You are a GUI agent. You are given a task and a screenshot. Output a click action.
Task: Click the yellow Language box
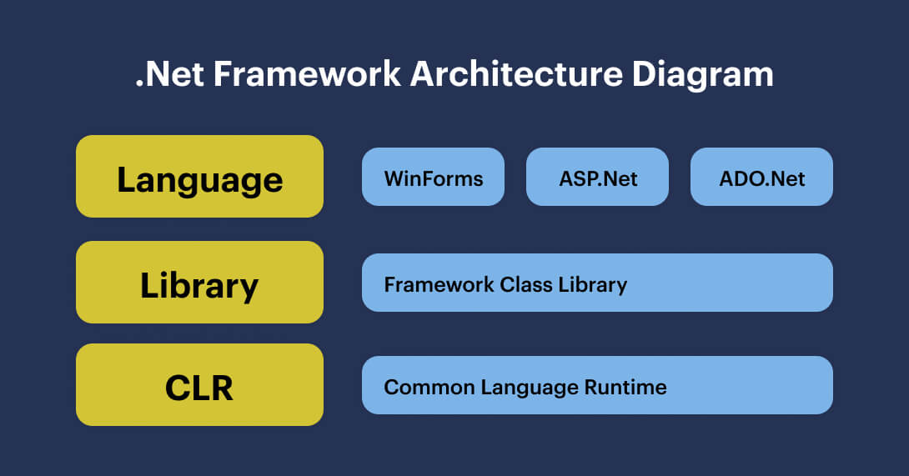pyautogui.click(x=199, y=177)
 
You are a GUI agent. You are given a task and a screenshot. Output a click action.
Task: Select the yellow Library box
pyautogui.click(x=199, y=283)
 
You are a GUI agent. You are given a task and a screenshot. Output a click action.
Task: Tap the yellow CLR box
pyautogui.click(x=199, y=385)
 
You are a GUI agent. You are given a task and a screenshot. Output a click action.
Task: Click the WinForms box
pyautogui.click(x=433, y=177)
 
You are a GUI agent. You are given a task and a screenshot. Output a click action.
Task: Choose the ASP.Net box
pyautogui.click(x=597, y=177)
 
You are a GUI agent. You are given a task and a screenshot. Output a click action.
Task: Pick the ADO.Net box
pyautogui.click(x=761, y=177)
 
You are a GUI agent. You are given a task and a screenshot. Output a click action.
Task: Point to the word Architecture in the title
pyautogui.click(x=515, y=74)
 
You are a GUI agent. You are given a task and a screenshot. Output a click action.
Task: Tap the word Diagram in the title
pyautogui.click(x=702, y=74)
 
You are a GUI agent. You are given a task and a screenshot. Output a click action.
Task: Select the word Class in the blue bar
pyautogui.click(x=525, y=284)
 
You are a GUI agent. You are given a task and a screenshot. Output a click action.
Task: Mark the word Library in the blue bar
pyautogui.click(x=593, y=284)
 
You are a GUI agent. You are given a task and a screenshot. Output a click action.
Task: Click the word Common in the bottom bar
pyautogui.click(x=422, y=388)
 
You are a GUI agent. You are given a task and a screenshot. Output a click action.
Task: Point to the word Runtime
pyautogui.click(x=625, y=388)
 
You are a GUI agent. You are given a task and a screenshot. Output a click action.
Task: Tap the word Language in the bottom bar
pyautogui.click(x=522, y=388)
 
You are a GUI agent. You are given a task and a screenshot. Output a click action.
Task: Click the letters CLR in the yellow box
pyautogui.click(x=199, y=387)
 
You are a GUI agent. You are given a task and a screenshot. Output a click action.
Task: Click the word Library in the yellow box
pyautogui.click(x=199, y=285)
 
